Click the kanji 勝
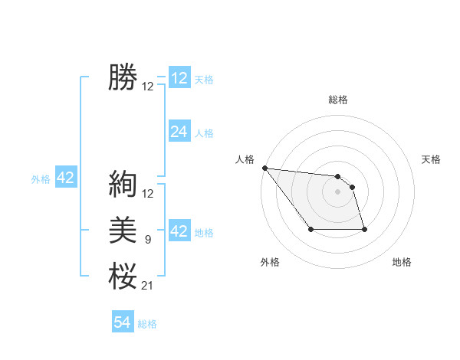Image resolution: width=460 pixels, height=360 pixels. click(123, 77)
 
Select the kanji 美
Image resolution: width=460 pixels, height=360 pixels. click(123, 231)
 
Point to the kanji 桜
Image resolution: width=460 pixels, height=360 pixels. click(123, 275)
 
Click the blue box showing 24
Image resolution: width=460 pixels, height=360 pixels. click(179, 132)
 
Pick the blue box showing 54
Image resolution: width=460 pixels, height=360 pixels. click(123, 322)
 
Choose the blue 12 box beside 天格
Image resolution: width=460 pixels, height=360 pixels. click(179, 78)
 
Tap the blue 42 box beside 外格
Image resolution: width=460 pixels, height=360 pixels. click(65, 178)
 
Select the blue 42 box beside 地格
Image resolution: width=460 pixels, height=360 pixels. click(179, 231)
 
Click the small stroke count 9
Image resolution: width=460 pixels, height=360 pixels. click(147, 241)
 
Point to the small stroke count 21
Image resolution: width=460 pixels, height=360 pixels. click(147, 286)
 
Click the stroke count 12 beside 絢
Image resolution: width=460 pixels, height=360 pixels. click(148, 194)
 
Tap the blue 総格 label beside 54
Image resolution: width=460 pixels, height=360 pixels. click(147, 324)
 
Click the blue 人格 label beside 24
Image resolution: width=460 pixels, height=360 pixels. click(204, 133)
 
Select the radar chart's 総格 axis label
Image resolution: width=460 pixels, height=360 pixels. click(338, 100)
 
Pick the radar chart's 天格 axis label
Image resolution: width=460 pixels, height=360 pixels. click(432, 159)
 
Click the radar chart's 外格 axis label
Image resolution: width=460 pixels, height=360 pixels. click(270, 262)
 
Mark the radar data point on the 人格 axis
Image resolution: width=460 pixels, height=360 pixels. click(264, 168)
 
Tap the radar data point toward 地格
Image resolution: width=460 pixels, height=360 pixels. click(364, 229)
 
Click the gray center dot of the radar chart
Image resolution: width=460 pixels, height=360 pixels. click(338, 191)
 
